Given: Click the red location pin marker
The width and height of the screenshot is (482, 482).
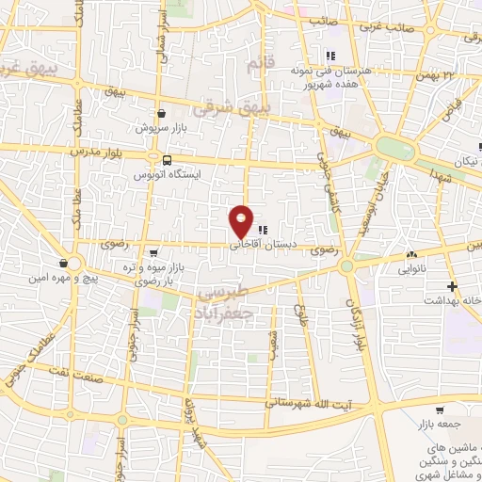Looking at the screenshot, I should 242,220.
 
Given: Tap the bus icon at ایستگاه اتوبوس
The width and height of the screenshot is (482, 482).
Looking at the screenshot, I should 167,160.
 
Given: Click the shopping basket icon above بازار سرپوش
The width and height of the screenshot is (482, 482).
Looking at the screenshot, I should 162,112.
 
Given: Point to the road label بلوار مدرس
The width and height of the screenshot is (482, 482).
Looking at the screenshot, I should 90,151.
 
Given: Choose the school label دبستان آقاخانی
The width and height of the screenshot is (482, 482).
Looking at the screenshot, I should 255,242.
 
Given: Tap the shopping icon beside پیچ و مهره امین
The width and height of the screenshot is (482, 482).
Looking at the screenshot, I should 63,263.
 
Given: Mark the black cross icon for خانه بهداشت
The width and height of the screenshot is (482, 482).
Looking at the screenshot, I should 453,285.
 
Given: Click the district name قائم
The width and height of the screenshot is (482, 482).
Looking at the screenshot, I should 255,64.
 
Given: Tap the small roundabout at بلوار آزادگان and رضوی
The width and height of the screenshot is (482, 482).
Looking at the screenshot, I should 347,265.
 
